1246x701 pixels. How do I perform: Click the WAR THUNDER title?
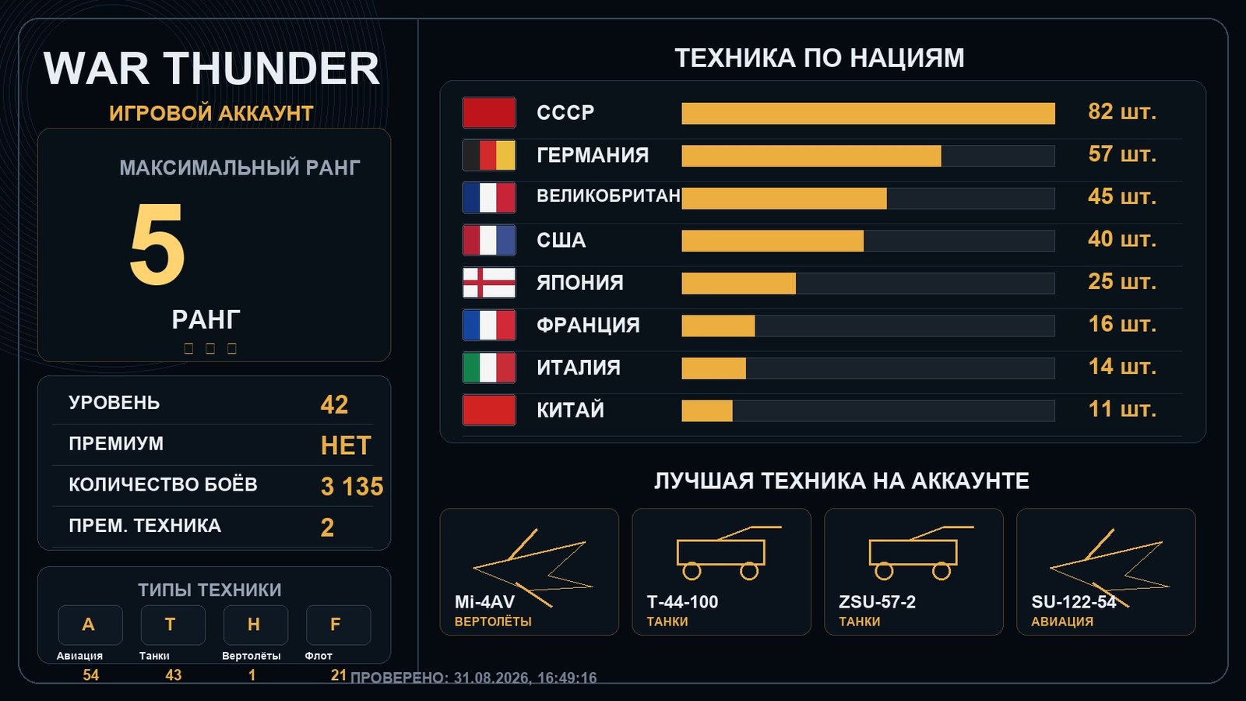pyautogui.click(x=211, y=69)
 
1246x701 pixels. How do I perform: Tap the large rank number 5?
pyautogui.click(x=157, y=244)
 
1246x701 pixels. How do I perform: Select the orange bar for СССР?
pyautogui.click(x=868, y=114)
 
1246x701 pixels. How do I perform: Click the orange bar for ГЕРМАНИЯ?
pyautogui.click(x=811, y=156)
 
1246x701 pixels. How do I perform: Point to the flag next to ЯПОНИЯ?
pyautogui.click(x=489, y=283)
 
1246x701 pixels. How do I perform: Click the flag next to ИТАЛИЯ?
pyautogui.click(x=489, y=368)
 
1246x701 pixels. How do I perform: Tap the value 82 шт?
pyautogui.click(x=1122, y=112)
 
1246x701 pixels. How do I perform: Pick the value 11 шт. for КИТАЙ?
pyautogui.click(x=1122, y=410)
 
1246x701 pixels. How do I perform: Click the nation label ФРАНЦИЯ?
pyautogui.click(x=588, y=325)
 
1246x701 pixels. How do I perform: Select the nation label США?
pyautogui.click(x=561, y=241)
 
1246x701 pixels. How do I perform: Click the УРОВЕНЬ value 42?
pyautogui.click(x=334, y=404)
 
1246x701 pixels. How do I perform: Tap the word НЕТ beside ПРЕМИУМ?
pyautogui.click(x=346, y=446)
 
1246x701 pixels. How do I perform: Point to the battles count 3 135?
pyautogui.click(x=352, y=486)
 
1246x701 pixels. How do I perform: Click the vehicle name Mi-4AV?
pyautogui.click(x=484, y=602)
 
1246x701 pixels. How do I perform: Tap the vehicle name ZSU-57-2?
pyautogui.click(x=877, y=602)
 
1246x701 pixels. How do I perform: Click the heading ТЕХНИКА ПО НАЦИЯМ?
pyautogui.click(x=819, y=58)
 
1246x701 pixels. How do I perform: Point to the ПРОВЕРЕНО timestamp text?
pyautogui.click(x=473, y=678)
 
